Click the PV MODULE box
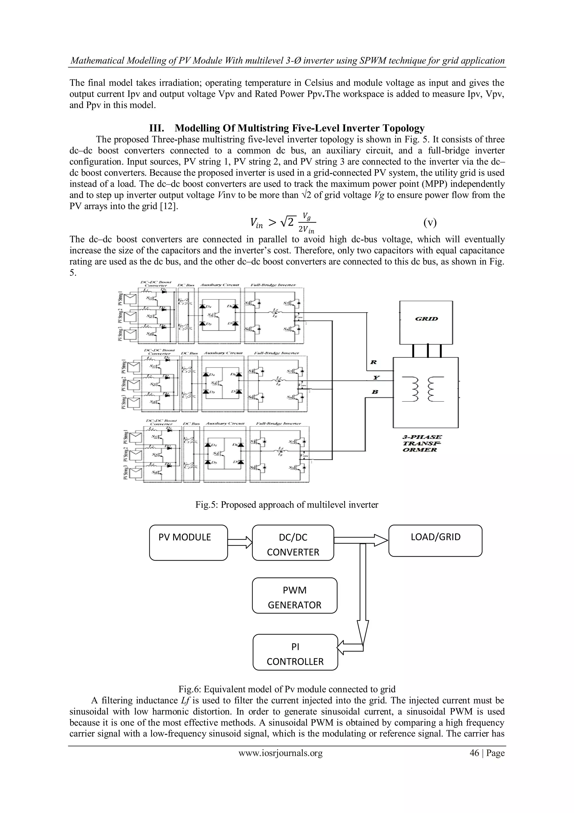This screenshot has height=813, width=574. (188, 543)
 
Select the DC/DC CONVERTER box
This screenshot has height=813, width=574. (293, 543)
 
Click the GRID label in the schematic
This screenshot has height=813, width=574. (426, 319)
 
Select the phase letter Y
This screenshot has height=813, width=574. (376, 378)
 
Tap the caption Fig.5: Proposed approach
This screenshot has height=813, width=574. (286, 505)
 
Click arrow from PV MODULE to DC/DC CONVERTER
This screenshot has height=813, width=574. (240, 542)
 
